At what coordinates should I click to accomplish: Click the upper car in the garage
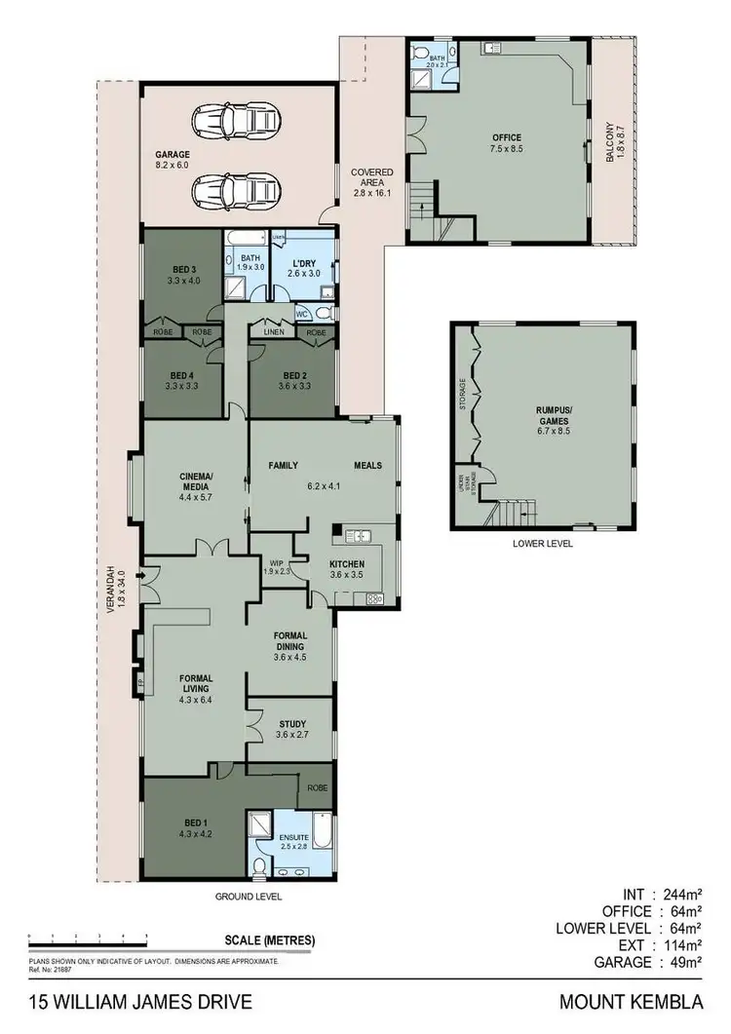[235, 123]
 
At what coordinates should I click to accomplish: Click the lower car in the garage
[235, 186]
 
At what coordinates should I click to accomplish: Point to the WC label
[302, 314]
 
